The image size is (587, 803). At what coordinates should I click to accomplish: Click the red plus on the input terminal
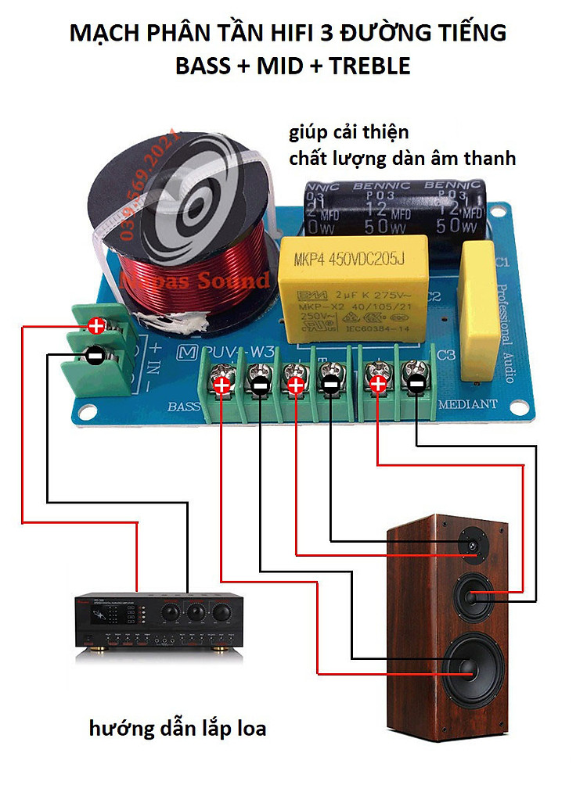(x=96, y=324)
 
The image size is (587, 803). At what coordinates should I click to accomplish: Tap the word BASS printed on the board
(x=184, y=406)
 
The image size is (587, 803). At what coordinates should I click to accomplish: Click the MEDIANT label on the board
(x=467, y=404)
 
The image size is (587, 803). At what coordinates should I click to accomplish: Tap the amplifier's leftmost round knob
(x=170, y=610)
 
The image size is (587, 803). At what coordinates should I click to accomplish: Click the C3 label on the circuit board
(x=446, y=355)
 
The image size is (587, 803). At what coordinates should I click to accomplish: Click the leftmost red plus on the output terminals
(x=222, y=385)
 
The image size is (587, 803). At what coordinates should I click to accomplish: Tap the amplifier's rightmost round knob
(x=221, y=610)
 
